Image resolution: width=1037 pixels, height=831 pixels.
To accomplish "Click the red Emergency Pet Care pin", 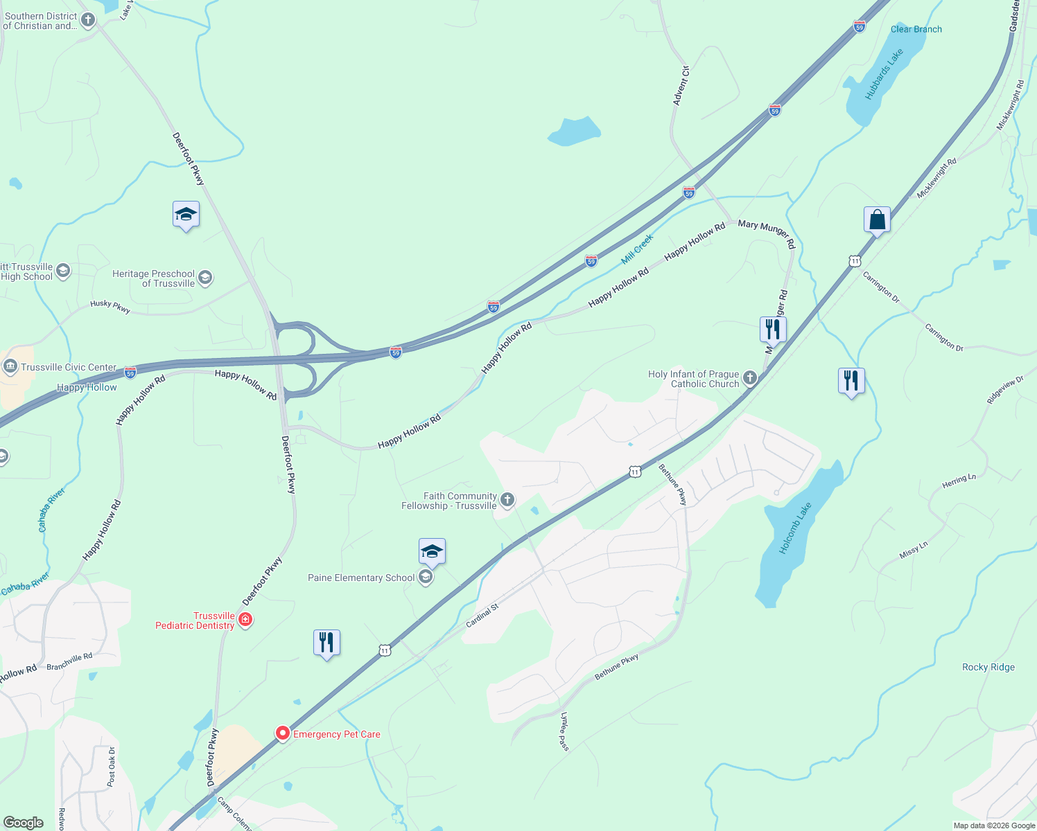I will click(x=282, y=733).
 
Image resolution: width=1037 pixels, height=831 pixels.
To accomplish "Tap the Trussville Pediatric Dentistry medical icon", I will click(x=245, y=620).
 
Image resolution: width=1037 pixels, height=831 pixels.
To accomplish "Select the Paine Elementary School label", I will click(x=361, y=578).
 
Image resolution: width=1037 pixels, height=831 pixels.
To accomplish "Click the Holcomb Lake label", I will click(x=794, y=528).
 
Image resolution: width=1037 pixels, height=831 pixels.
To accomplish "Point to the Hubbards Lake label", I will click(x=884, y=73).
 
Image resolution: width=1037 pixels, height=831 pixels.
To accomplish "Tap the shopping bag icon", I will click(x=877, y=220).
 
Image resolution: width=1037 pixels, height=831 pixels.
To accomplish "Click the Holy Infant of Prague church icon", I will click(x=749, y=378).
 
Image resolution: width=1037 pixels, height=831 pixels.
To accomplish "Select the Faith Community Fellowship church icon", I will click(x=507, y=500).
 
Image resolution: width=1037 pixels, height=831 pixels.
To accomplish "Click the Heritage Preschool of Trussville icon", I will click(x=204, y=278).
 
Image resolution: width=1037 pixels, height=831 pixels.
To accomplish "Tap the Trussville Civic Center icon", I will click(x=10, y=366).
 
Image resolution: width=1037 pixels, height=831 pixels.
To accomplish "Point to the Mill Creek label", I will click(x=637, y=249).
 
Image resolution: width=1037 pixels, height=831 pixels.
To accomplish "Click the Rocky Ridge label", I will click(x=988, y=667).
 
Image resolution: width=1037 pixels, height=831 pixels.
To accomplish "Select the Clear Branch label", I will click(x=916, y=29).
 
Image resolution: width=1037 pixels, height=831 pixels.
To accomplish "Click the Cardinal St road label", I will click(x=482, y=616).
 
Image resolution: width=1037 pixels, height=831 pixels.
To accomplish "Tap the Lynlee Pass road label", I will click(x=564, y=731).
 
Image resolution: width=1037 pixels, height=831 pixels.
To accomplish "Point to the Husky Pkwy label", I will click(x=110, y=307).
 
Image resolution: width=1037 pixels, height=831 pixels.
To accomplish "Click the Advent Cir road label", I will click(x=681, y=86).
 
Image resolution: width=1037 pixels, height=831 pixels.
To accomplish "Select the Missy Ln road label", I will click(x=913, y=551).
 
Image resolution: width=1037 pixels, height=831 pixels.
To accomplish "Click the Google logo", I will click(x=24, y=822).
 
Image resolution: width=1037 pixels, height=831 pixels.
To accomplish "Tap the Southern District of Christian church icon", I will click(x=87, y=19).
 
